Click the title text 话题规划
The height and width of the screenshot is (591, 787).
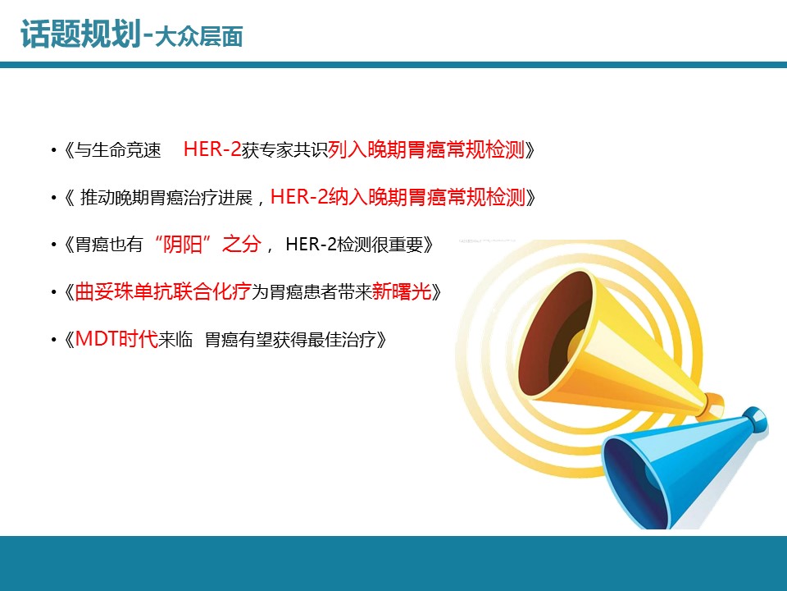(x=80, y=34)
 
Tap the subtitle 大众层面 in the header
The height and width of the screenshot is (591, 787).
(x=199, y=37)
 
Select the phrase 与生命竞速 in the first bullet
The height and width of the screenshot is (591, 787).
(x=118, y=149)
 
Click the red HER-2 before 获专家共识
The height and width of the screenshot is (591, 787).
(x=212, y=149)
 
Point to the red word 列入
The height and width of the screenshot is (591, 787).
(x=348, y=149)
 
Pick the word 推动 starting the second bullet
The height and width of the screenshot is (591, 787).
(x=98, y=197)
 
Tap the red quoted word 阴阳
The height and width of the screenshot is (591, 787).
(x=182, y=245)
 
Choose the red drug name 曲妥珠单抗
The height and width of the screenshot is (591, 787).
(x=124, y=292)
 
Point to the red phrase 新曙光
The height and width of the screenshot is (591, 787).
(x=402, y=292)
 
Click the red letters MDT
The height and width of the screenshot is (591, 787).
(x=97, y=339)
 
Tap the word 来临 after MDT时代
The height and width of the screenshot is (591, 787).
(x=175, y=340)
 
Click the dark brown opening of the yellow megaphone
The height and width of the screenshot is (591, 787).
(x=556, y=333)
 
